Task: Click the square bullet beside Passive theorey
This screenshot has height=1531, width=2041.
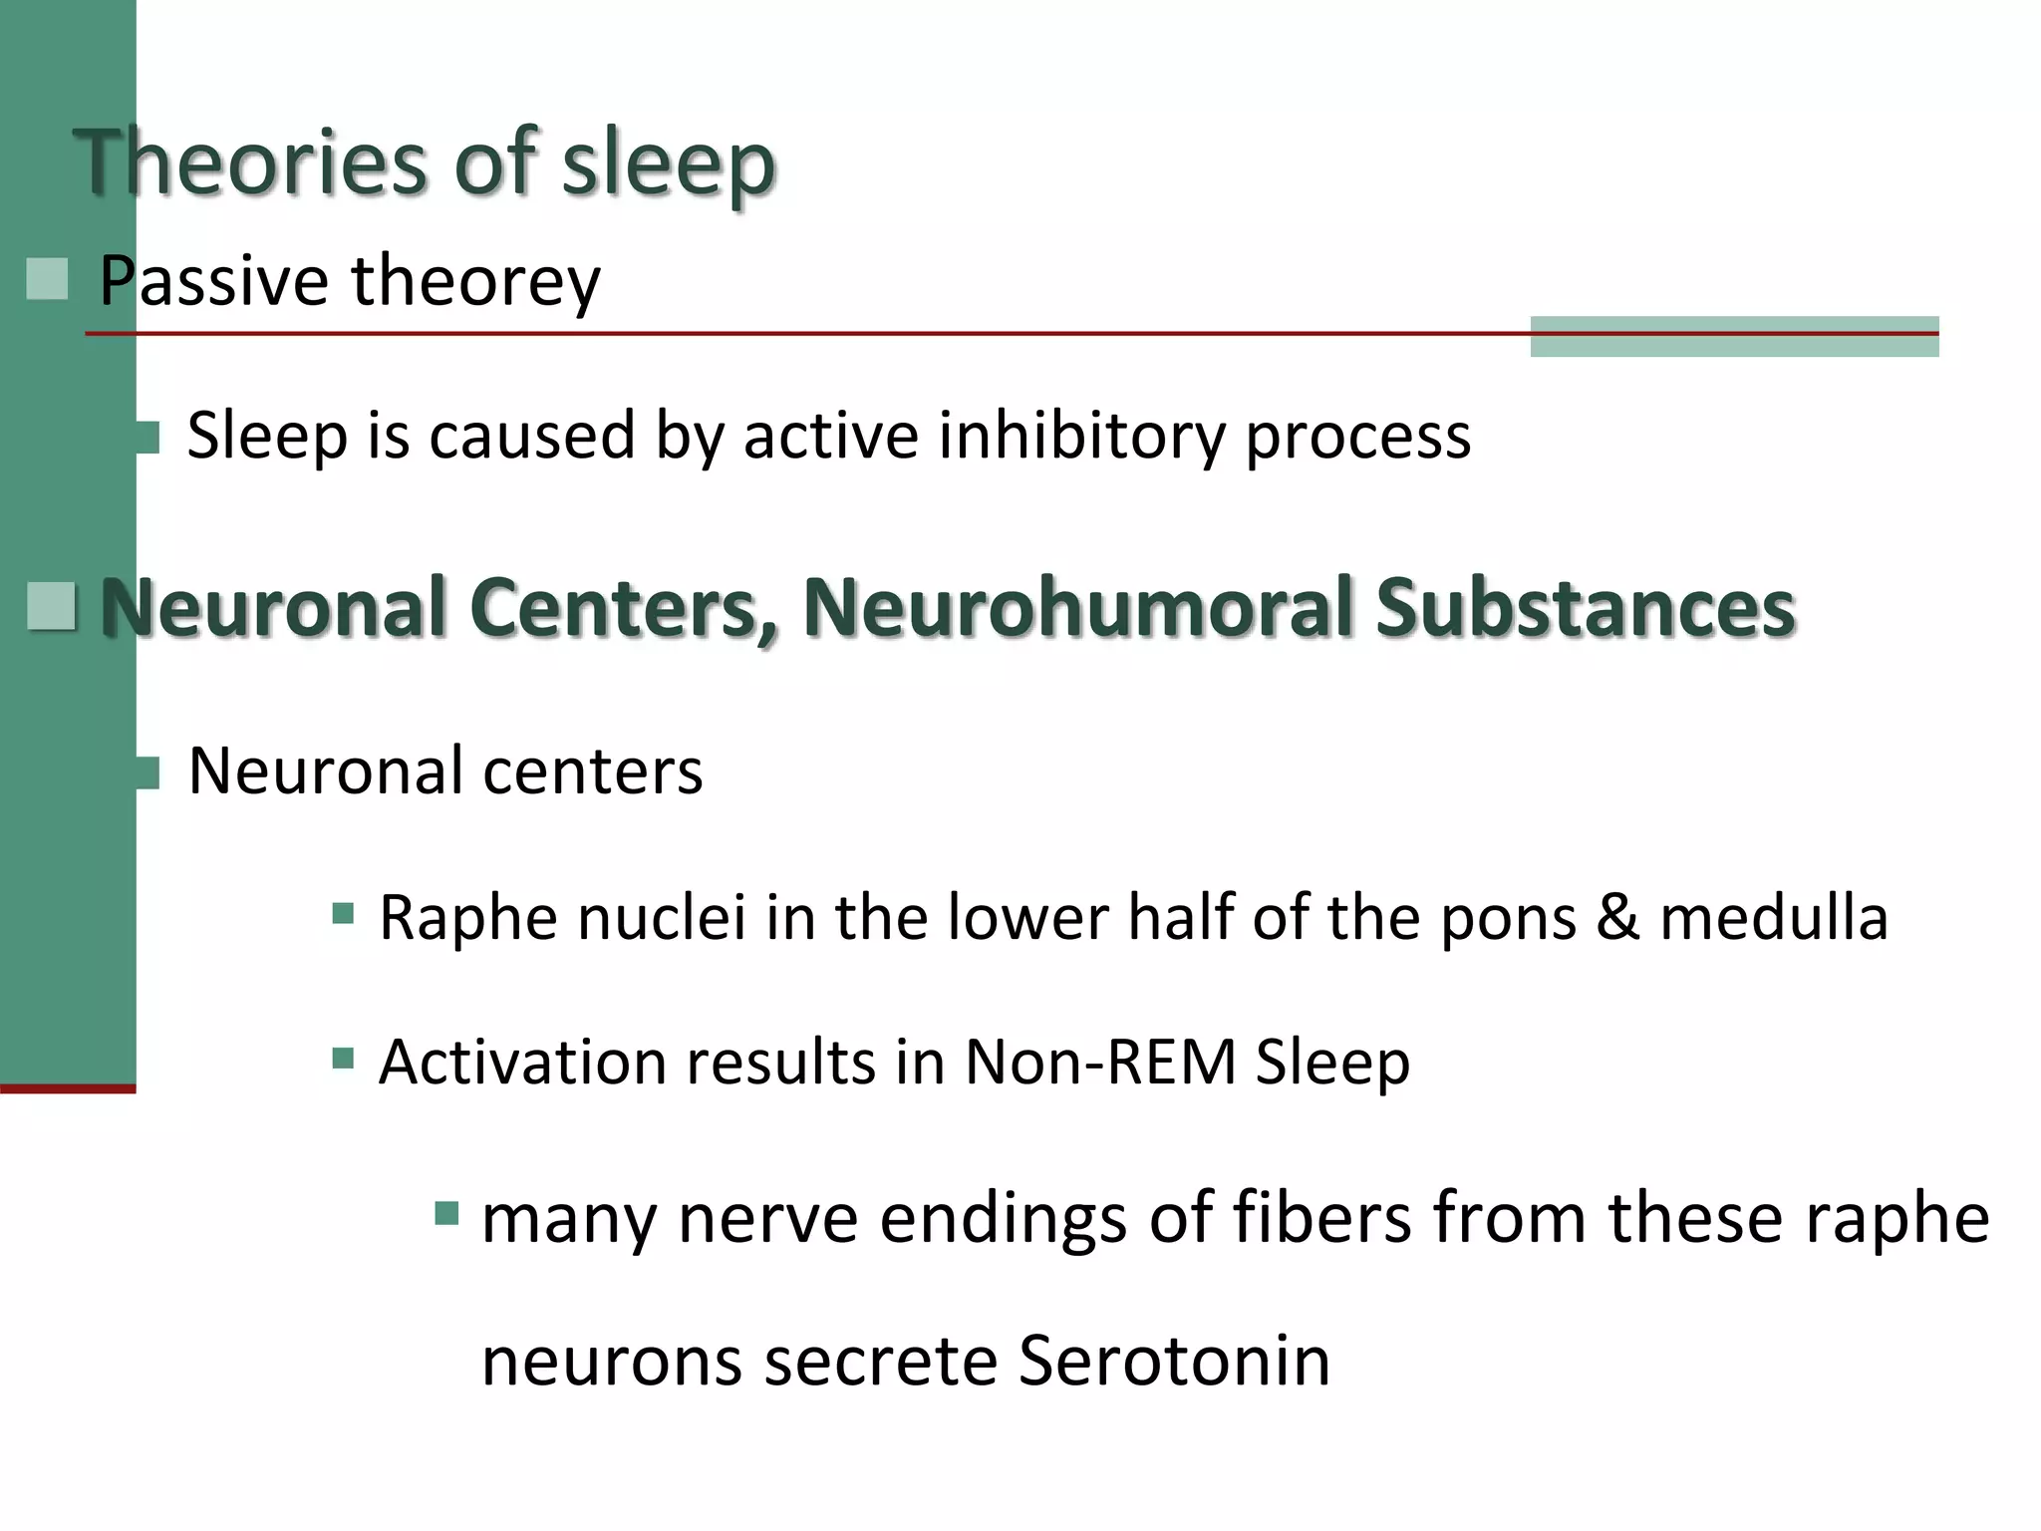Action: click(x=47, y=279)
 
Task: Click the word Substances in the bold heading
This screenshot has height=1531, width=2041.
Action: click(x=1585, y=607)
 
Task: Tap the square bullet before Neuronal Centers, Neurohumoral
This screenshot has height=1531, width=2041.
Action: click(x=51, y=607)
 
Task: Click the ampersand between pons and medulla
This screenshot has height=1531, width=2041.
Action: click(x=1617, y=917)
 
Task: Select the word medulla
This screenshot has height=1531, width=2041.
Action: click(x=1774, y=917)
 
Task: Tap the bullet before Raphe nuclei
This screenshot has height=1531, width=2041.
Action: click(x=343, y=914)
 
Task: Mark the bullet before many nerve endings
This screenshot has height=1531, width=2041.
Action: click(x=446, y=1213)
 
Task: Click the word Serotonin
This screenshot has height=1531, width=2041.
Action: click(x=1174, y=1361)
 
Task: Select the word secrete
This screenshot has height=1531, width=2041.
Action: click(x=880, y=1361)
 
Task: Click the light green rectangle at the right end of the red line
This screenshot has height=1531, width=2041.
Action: click(x=1734, y=337)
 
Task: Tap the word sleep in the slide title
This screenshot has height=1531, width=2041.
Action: click(x=668, y=164)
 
